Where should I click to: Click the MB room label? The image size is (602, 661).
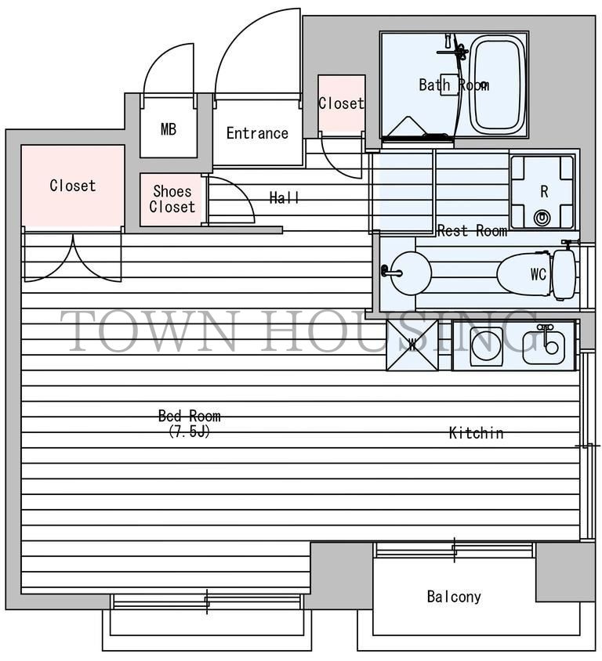click(x=169, y=129)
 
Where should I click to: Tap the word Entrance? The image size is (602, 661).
click(x=257, y=133)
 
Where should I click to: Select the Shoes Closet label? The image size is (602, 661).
click(x=172, y=199)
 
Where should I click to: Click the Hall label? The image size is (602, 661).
click(x=285, y=197)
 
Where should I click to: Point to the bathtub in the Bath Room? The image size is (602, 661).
click(x=497, y=85)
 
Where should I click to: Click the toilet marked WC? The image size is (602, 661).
click(x=536, y=273)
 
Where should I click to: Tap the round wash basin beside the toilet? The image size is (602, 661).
click(x=410, y=273)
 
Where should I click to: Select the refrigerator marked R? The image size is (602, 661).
click(x=542, y=192)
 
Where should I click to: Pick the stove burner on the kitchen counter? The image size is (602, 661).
click(x=486, y=345)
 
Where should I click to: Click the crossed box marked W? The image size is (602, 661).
click(x=412, y=345)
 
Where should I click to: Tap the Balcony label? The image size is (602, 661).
click(x=454, y=597)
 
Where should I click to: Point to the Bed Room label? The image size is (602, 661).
click(x=190, y=416)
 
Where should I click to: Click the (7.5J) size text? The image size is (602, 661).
click(x=189, y=432)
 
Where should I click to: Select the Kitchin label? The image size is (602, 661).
click(x=476, y=433)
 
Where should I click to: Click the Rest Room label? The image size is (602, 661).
click(x=472, y=230)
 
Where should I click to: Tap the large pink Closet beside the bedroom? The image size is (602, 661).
click(x=73, y=186)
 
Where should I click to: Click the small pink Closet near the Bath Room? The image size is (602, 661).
click(x=341, y=103)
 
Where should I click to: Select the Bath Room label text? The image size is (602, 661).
click(x=454, y=85)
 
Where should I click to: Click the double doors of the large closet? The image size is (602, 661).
click(x=73, y=256)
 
